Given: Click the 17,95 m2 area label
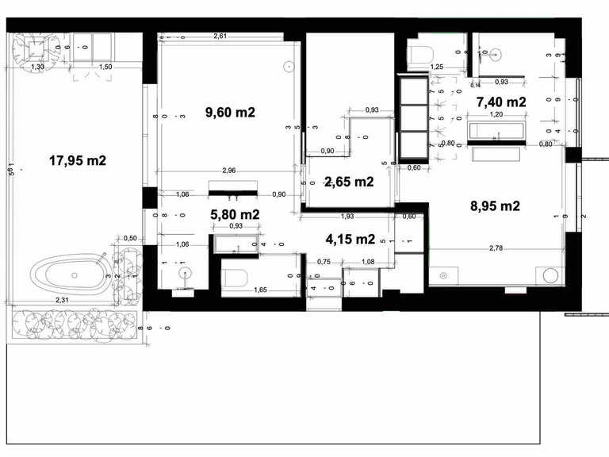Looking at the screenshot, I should pyautogui.click(x=78, y=160).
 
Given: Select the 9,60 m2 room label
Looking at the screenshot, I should pyautogui.click(x=230, y=112).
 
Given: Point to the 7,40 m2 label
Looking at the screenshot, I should pyautogui.click(x=501, y=102).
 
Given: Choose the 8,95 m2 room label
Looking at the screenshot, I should pyautogui.click(x=495, y=206).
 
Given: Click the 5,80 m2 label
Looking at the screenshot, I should pyautogui.click(x=234, y=214).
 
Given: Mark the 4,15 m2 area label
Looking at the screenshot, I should pyautogui.click(x=350, y=238).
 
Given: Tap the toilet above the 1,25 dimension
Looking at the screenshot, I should pyautogui.click(x=420, y=54).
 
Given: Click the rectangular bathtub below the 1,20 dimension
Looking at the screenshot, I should pyautogui.click(x=495, y=132).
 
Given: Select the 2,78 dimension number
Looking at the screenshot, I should pyautogui.click(x=498, y=249).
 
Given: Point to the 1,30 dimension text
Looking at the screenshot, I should pyautogui.click(x=36, y=67).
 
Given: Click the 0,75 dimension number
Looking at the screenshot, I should pyautogui.click(x=324, y=262).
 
